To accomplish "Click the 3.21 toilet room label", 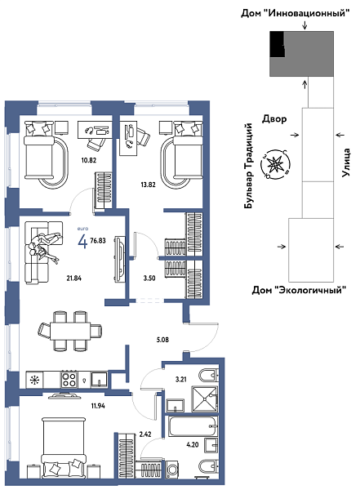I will pos(180,380).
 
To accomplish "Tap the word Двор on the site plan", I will pos(273,118).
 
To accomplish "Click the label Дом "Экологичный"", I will pos(298,290).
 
